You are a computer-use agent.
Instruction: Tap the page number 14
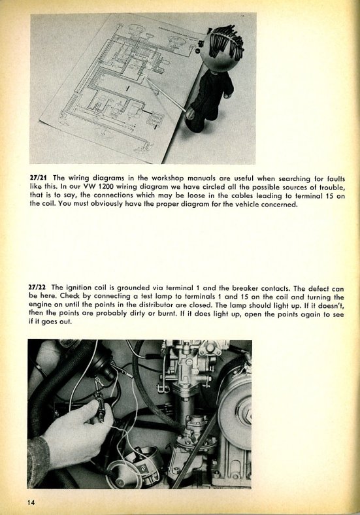(x=31, y=503)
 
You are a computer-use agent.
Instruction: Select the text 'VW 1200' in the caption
(x=99, y=186)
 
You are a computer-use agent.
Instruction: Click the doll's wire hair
(x=227, y=40)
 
